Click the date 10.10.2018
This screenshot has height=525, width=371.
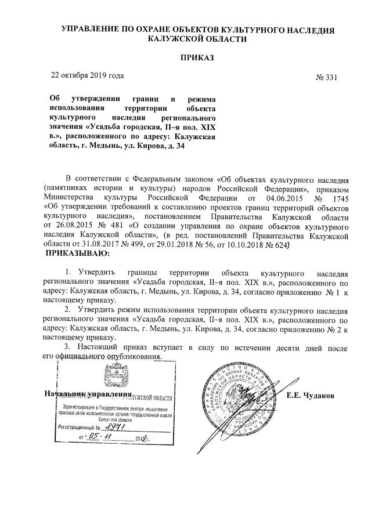pos(273,245)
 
